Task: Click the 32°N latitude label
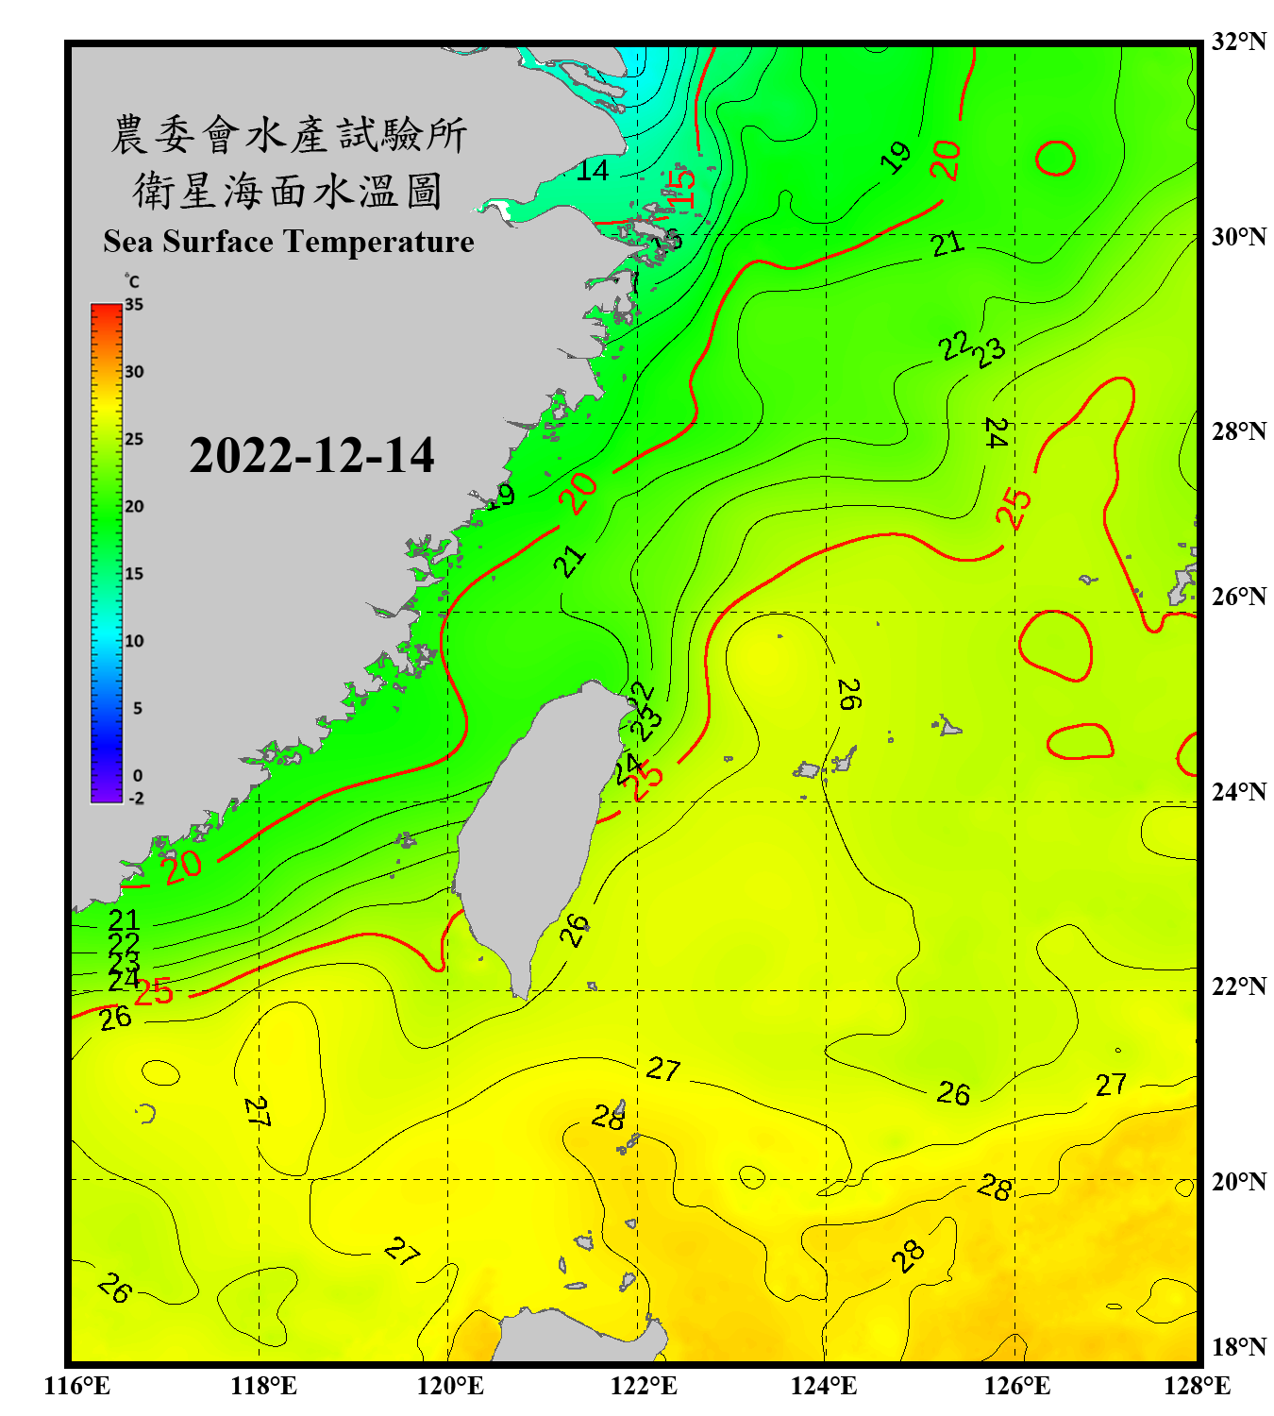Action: click(1238, 42)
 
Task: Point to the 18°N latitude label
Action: click(1238, 1346)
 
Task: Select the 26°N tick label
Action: click(1238, 597)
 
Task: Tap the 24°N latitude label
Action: click(1238, 791)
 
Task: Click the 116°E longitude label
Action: click(77, 1386)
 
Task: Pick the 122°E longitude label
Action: click(644, 1386)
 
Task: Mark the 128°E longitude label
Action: click(1197, 1386)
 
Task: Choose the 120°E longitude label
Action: click(450, 1386)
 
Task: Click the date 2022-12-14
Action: click(311, 456)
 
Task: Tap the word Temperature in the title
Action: click(379, 242)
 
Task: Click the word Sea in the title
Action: click(128, 242)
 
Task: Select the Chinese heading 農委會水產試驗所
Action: click(289, 134)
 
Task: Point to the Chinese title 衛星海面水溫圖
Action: click(289, 191)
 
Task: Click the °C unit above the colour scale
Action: click(132, 281)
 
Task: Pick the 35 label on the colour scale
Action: click(134, 304)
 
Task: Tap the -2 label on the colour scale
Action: click(136, 798)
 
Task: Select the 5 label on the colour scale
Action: click(137, 708)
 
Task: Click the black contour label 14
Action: click(593, 170)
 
